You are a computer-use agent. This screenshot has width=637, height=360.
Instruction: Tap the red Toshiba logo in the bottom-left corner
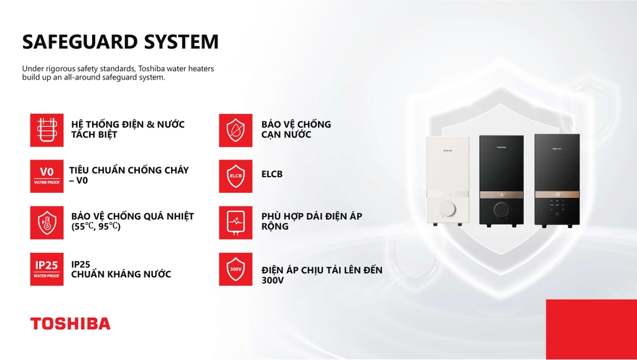tap(70, 323)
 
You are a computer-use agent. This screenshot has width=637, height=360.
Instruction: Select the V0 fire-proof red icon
tap(47, 176)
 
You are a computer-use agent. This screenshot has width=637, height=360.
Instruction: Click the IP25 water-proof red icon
tap(47, 269)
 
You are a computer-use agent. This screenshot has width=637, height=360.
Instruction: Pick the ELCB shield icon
tap(236, 176)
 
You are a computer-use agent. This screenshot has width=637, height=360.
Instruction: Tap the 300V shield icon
tap(236, 269)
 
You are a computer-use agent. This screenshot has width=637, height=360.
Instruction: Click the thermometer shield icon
tap(47, 223)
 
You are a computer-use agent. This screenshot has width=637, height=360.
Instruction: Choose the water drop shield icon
tap(236, 131)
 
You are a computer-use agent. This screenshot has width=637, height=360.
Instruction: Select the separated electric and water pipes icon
tap(47, 131)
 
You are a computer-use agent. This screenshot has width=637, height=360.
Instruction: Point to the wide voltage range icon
tap(236, 223)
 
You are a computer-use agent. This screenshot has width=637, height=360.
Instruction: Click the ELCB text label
tap(272, 174)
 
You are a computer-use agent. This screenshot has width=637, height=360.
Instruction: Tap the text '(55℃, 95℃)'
tap(96, 226)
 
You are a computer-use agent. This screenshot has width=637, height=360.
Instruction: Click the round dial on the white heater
tap(447, 210)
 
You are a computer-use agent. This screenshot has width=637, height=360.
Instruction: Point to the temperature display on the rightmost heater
tap(557, 195)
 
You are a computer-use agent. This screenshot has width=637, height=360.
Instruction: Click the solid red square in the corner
tap(592, 329)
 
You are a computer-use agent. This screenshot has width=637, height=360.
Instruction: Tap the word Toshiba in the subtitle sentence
tap(151, 68)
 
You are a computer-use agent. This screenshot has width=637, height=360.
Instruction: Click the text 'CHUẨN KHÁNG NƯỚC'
tap(121, 274)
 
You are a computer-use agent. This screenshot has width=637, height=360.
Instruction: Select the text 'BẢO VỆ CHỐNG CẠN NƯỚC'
tap(296, 129)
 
